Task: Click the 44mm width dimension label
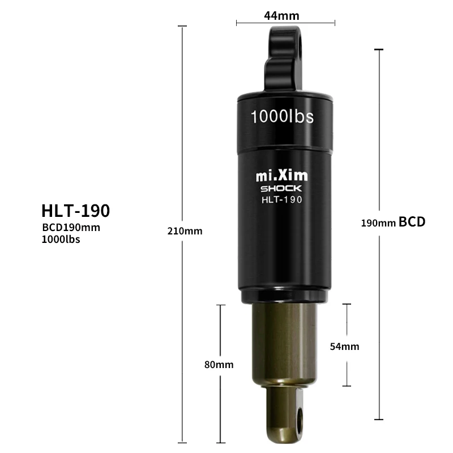point(281,16)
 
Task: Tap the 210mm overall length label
point(185,231)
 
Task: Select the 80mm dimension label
point(219,365)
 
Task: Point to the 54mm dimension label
point(345,347)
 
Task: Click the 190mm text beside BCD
point(378,223)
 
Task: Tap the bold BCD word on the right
point(412,222)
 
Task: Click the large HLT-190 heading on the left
point(76,211)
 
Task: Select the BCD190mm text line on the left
point(71,228)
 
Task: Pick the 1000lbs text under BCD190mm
point(61,239)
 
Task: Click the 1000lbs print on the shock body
point(282,117)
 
